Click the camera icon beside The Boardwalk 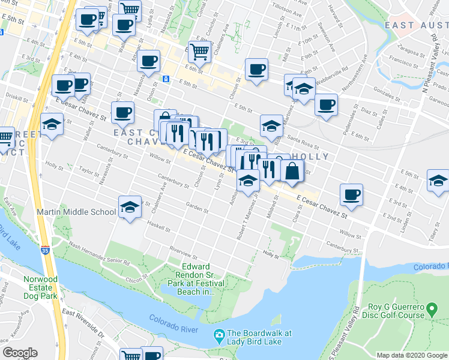tap(219, 334)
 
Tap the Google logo tap(20, 353)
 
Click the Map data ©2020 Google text tap(411, 355)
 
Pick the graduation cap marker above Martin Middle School tap(128, 207)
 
